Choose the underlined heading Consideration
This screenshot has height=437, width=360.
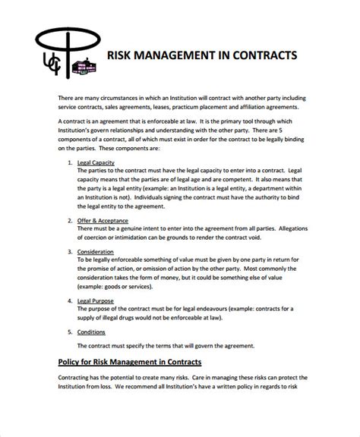click(x=96, y=251)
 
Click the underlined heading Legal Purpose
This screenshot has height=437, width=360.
click(x=97, y=301)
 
